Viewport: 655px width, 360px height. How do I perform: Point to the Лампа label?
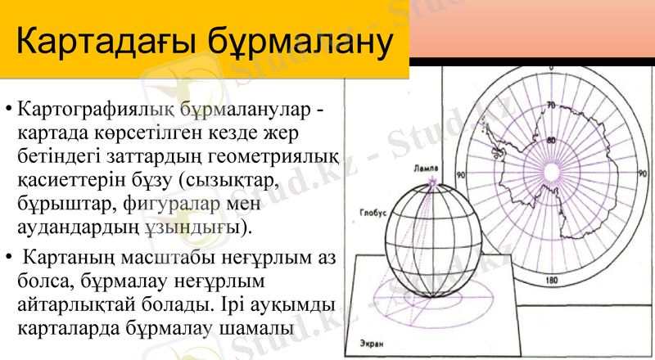pos(427,167)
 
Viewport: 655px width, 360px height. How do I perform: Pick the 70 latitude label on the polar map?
pos(551,106)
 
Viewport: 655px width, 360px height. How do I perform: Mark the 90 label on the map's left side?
pos(461,175)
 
